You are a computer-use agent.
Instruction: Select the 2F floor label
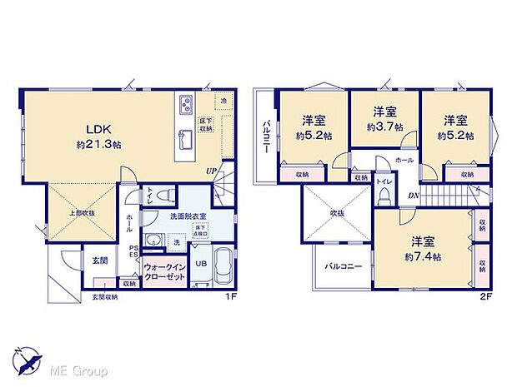(x=486, y=295)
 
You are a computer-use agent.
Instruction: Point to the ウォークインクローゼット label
(x=165, y=270)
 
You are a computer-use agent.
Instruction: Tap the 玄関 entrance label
(x=99, y=260)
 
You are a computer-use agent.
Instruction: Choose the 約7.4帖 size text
(x=422, y=256)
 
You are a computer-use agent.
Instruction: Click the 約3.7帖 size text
(x=384, y=127)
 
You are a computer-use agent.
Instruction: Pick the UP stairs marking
(x=213, y=172)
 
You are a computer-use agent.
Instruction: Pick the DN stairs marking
(x=414, y=196)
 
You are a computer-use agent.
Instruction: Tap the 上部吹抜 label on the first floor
(x=80, y=213)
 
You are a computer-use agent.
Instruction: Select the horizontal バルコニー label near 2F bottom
(x=343, y=270)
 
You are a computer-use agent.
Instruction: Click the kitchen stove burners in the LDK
(x=184, y=105)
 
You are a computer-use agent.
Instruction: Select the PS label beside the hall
(x=133, y=247)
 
